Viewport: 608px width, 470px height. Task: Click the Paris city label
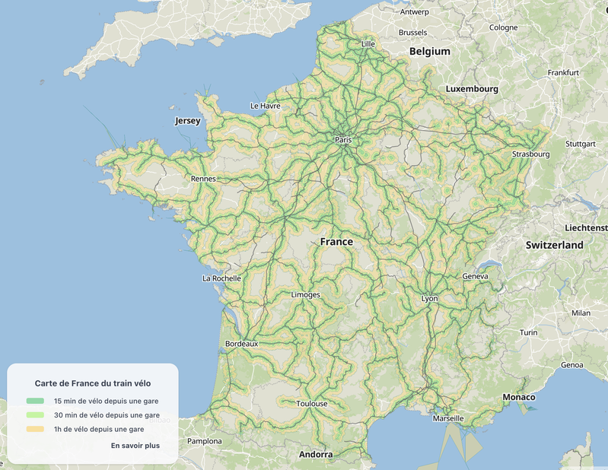pyautogui.click(x=344, y=140)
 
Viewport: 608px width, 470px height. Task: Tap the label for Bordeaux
pyautogui.click(x=242, y=344)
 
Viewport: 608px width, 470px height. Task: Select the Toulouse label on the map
pyautogui.click(x=312, y=403)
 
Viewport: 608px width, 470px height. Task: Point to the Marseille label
pyautogui.click(x=447, y=418)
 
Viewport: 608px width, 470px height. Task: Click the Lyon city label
pyautogui.click(x=430, y=299)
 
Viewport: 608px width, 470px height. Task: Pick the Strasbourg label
pyautogui.click(x=530, y=154)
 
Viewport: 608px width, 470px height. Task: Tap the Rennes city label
pyautogui.click(x=204, y=179)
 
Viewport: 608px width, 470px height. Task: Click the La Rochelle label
pyautogui.click(x=221, y=278)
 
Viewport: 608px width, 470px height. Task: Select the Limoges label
pyautogui.click(x=306, y=294)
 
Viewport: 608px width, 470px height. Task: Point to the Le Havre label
pyautogui.click(x=265, y=106)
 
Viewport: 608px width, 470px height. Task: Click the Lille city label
pyautogui.click(x=368, y=44)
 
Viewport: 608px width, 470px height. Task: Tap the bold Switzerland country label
pyautogui.click(x=554, y=245)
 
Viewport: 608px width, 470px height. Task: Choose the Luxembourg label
pyautogui.click(x=472, y=89)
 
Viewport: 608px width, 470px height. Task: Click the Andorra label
pyautogui.click(x=316, y=455)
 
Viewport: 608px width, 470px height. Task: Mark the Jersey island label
pyautogui.click(x=187, y=121)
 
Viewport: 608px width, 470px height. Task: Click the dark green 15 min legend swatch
pyautogui.click(x=35, y=401)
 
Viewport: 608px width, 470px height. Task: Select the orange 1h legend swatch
pyautogui.click(x=35, y=430)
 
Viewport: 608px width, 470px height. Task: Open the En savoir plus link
pyautogui.click(x=135, y=446)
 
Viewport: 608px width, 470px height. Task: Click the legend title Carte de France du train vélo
pyautogui.click(x=93, y=384)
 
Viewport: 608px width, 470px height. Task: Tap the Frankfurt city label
pyautogui.click(x=563, y=73)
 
